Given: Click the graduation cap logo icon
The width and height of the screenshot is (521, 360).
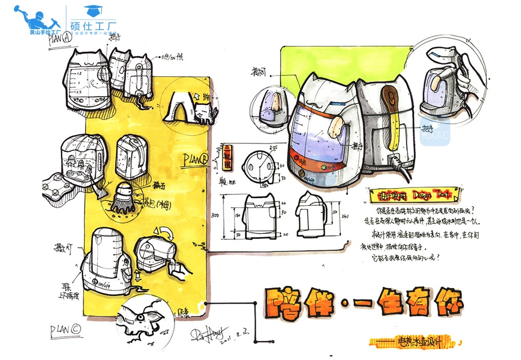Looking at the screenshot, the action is coord(91,10).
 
